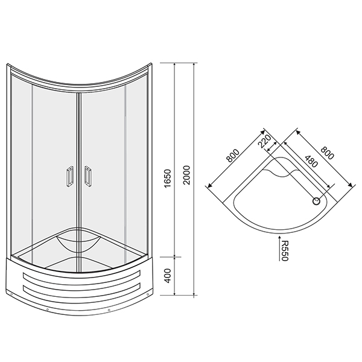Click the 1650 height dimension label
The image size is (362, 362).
[x=168, y=178]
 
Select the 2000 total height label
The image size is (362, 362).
[x=186, y=175]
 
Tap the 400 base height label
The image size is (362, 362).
[x=168, y=276]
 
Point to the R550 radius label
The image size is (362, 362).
[x=285, y=251]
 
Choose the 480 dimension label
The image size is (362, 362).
[x=311, y=161]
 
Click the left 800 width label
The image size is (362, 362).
[x=232, y=156]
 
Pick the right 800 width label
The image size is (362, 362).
[x=327, y=153]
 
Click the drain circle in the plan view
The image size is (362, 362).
[x=316, y=202]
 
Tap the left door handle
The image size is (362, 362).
[x=70, y=176]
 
